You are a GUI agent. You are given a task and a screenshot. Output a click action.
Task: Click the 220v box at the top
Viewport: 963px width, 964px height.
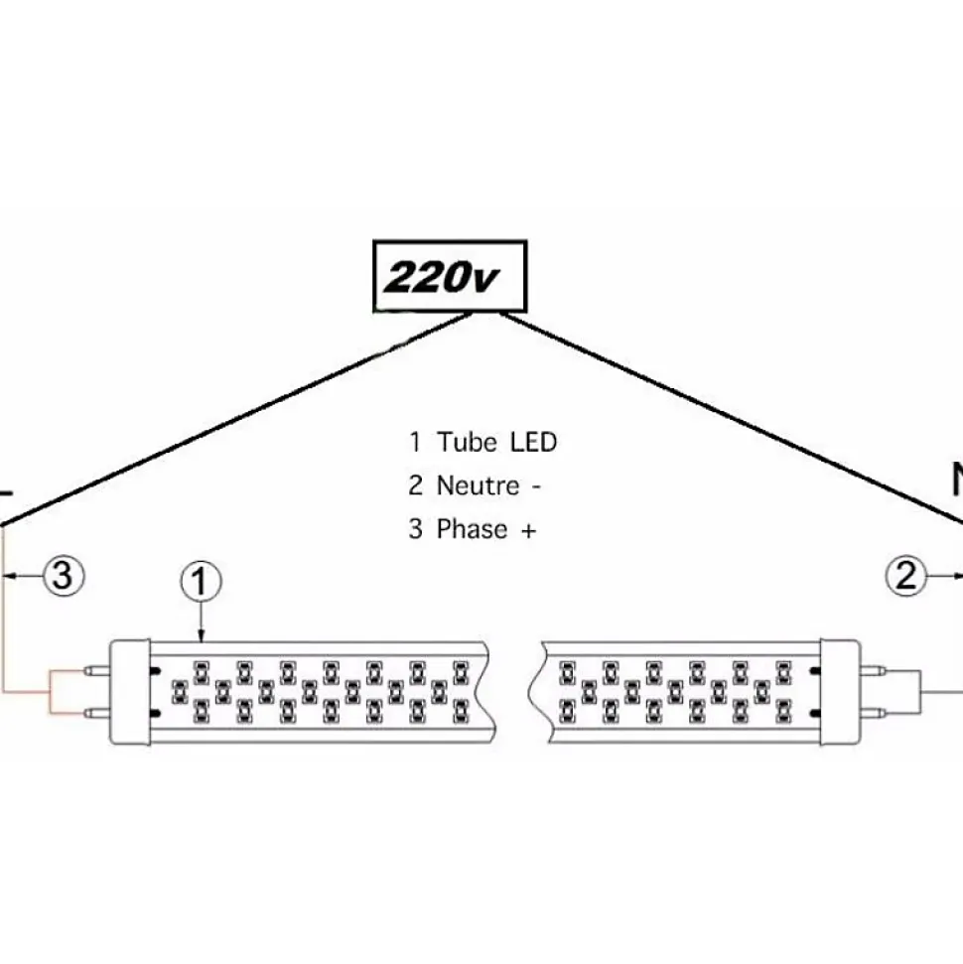click(x=449, y=276)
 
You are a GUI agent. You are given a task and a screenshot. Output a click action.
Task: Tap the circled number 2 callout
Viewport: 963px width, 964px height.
click(x=906, y=576)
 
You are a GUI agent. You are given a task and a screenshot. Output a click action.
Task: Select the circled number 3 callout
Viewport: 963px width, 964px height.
click(x=62, y=576)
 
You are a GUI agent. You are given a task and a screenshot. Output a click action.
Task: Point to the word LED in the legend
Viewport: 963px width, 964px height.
click(x=533, y=442)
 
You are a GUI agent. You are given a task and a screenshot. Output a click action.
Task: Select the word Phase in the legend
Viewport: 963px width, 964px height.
click(x=471, y=529)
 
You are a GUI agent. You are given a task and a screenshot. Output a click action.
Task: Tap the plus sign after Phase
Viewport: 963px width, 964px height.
click(x=527, y=530)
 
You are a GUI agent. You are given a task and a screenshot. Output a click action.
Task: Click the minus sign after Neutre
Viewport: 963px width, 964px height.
click(x=536, y=486)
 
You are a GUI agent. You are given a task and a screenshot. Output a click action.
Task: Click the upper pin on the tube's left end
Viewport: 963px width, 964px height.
click(x=97, y=671)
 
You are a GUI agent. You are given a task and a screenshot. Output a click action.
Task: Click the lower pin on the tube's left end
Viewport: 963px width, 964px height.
click(x=97, y=712)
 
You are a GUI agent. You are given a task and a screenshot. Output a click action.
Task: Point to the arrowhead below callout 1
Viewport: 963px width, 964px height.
click(x=202, y=635)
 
